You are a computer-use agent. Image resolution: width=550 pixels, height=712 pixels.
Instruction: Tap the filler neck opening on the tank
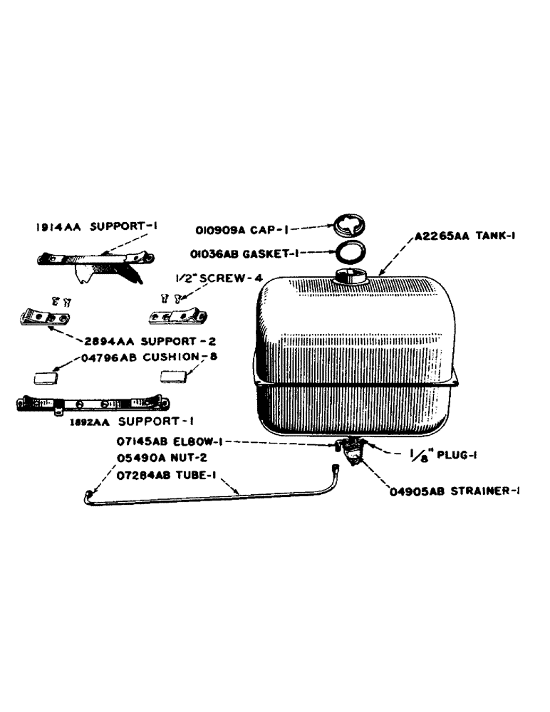(x=350, y=276)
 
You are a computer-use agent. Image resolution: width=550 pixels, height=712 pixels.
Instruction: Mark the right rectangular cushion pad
(x=173, y=375)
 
